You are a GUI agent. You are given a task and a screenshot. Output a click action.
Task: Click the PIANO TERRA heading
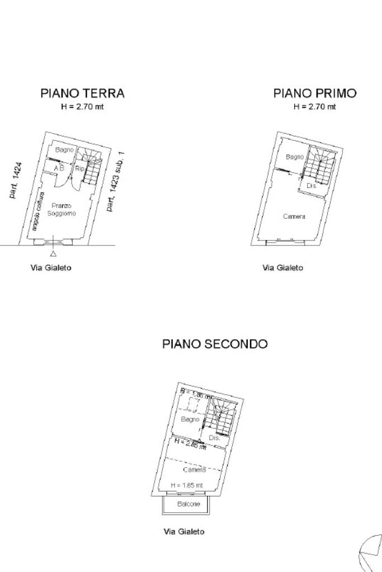[82, 93]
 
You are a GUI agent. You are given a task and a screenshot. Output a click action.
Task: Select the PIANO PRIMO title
[314, 93]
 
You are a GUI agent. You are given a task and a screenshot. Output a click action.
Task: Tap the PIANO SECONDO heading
[215, 344]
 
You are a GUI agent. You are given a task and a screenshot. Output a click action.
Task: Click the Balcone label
[188, 504]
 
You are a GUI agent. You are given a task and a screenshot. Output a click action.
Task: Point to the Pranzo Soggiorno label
[62, 210]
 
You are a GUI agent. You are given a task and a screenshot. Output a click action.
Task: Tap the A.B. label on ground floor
[59, 168]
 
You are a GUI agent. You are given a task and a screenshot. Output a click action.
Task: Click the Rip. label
[79, 168]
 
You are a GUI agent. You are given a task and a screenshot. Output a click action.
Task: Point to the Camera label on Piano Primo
[294, 216]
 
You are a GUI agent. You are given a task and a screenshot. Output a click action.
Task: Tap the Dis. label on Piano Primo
[312, 186]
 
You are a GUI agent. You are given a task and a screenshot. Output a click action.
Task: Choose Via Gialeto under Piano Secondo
[183, 531]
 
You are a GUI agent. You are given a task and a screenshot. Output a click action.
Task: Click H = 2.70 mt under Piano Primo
[314, 106]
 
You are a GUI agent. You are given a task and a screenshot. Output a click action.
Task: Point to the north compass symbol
[371, 552]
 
